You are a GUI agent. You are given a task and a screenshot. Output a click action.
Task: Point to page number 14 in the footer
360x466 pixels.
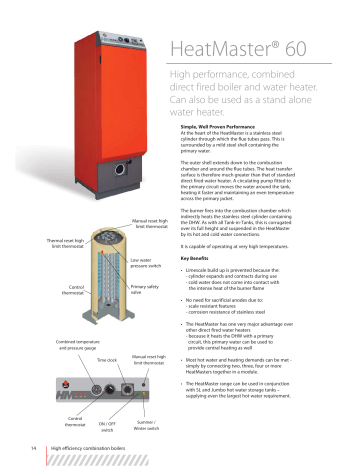click(x=35, y=448)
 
